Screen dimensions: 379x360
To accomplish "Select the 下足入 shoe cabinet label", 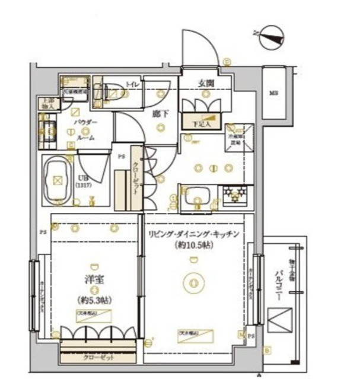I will coord(205,125).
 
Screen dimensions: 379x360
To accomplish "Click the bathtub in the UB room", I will coord(59,177).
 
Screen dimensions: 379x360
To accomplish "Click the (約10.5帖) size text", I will coord(193,246).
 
